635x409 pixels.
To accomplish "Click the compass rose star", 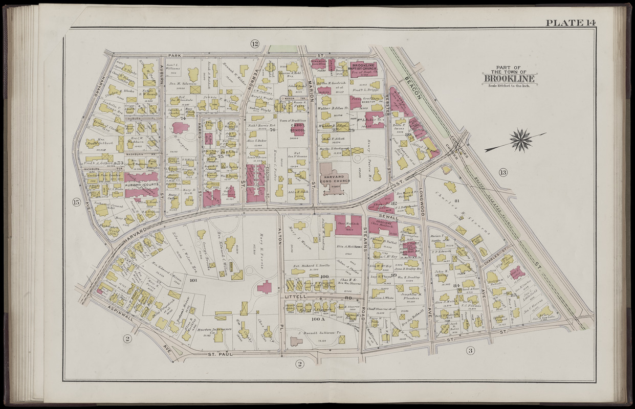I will [x=521, y=140].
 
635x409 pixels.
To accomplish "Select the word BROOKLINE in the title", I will [x=510, y=79].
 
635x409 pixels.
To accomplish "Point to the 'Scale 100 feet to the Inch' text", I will [x=510, y=85].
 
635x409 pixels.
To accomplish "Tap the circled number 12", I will [x=254, y=43].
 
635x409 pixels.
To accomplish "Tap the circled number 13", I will [x=503, y=172].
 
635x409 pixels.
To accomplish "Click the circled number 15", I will [x=77, y=202].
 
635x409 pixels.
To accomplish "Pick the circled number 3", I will [x=470, y=350].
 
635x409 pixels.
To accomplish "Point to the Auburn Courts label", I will [x=141, y=185].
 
